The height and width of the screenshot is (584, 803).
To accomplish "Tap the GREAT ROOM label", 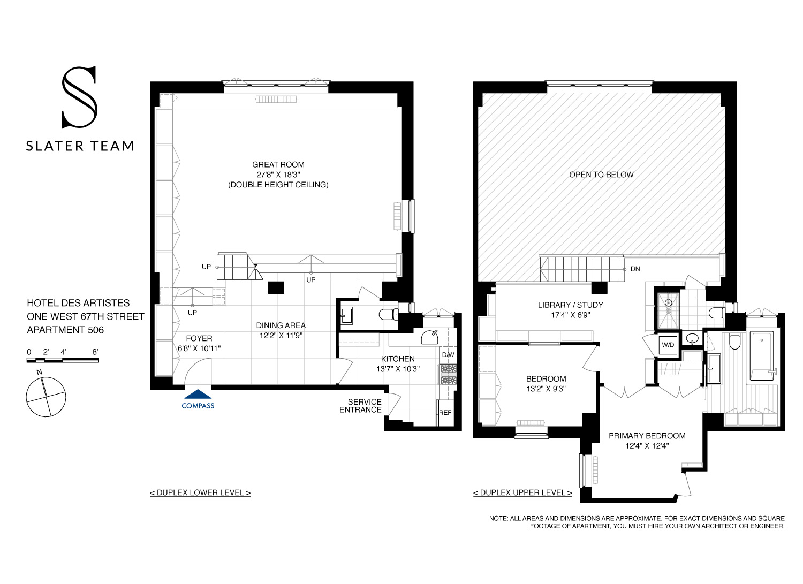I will coord(278,165).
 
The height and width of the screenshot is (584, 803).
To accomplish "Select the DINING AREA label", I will coord(281,325).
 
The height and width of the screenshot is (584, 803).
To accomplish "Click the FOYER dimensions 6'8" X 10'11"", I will coord(199,348).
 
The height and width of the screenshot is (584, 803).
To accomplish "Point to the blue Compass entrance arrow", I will coord(198,395).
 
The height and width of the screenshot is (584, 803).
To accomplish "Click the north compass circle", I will coord(46,397).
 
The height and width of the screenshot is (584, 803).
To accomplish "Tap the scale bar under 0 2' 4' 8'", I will coord(63,361).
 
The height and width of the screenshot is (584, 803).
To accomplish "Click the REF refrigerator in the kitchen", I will coord(445,413).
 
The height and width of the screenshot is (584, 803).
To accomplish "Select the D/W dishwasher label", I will coord(448,355).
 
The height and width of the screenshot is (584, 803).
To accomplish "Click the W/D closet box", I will coord(668,345).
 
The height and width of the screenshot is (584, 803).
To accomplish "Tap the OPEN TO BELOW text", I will coord(601,175).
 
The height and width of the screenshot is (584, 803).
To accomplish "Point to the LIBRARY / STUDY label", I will coord(570,305).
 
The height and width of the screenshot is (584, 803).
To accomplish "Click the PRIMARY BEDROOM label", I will coord(647,436).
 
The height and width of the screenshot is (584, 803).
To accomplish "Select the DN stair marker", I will coord(635,269).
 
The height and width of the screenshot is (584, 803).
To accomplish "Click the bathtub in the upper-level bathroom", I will coord(761,356).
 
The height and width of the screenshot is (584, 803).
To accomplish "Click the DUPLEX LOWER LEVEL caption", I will coord(200,492).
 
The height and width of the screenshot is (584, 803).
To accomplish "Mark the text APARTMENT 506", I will coord(65,330).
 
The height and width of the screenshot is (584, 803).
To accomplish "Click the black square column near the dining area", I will coord(276,287).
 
